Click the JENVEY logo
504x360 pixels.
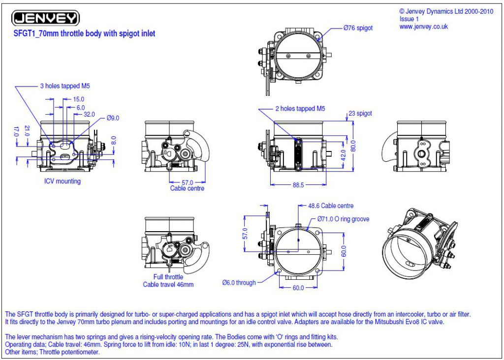pos(45,18)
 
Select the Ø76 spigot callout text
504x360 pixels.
pos(358,28)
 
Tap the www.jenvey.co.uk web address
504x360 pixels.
pos(424,27)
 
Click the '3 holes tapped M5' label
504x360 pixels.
pos(65,86)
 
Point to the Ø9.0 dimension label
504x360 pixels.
pos(113,118)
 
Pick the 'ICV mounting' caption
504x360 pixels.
pos(63,181)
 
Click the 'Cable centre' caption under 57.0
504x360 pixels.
pos(187,188)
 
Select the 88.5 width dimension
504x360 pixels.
pos(298,185)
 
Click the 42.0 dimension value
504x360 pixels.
pos(343,155)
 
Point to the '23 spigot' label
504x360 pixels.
pos(360,114)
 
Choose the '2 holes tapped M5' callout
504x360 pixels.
pos(300,109)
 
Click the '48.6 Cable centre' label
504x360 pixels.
pos(331,206)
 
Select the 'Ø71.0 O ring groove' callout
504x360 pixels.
pos(343,219)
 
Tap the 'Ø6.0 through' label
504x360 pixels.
pos(239,283)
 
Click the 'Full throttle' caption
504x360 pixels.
pos(168,277)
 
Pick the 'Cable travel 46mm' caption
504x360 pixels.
pos(168,285)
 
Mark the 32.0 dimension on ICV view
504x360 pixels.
pos(89,114)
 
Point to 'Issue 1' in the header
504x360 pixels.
pos(409,19)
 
